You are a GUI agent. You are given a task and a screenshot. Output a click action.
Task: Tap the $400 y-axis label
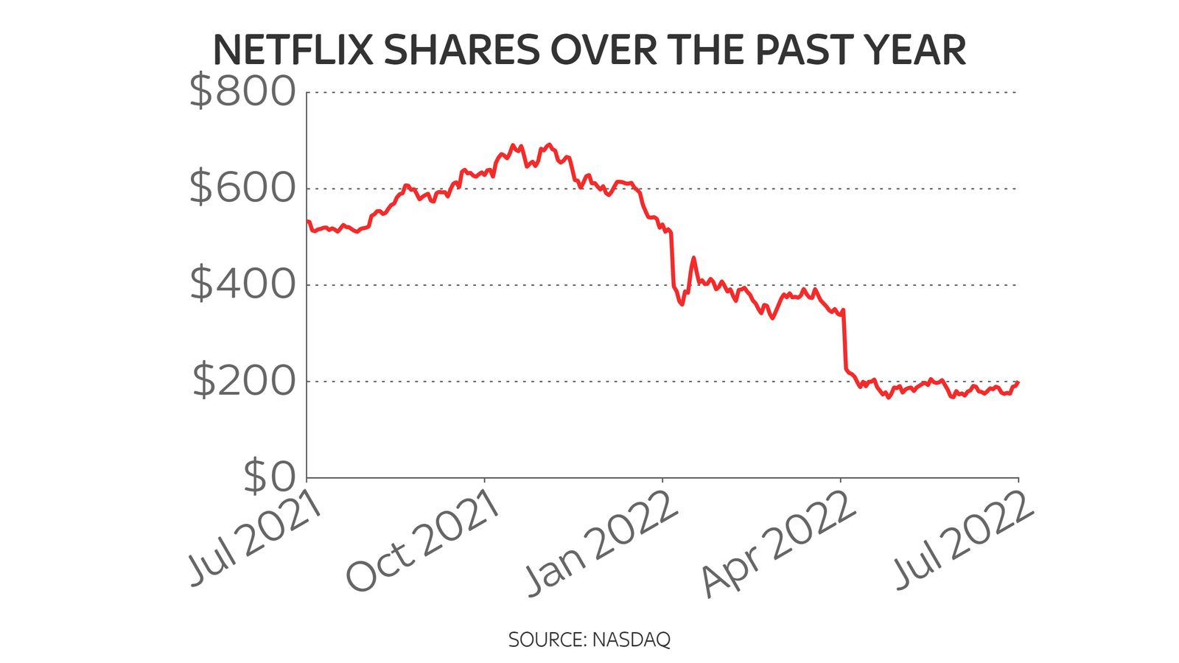[x=242, y=284]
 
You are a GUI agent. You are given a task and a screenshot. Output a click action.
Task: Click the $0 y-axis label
[x=269, y=476]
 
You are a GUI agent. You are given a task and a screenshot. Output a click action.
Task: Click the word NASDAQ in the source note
[x=632, y=639]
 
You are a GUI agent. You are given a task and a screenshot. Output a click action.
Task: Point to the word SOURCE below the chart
[x=546, y=639]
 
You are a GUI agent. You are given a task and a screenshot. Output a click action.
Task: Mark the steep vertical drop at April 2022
[x=844, y=339]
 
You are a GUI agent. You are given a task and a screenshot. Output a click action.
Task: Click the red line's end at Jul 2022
[x=1018, y=382]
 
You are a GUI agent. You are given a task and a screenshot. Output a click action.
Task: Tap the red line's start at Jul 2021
[x=308, y=221]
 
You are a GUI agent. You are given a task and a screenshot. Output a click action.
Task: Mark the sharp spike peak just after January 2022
[x=693, y=258]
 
